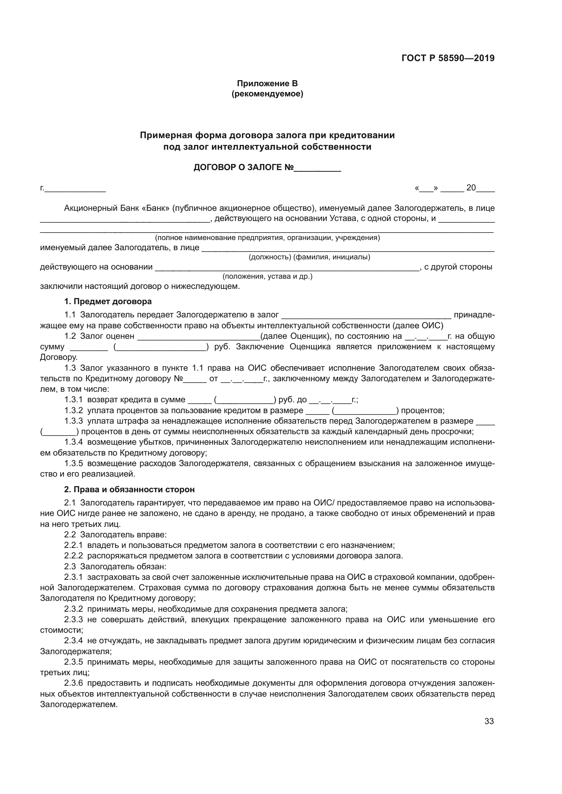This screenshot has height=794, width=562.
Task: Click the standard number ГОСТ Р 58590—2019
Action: pyautogui.click(x=448, y=58)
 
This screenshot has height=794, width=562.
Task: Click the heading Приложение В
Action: pyautogui.click(x=267, y=84)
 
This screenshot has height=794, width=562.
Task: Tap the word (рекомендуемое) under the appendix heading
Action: pyautogui.click(x=267, y=94)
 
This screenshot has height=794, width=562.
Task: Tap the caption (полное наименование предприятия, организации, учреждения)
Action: pyautogui.click(x=267, y=238)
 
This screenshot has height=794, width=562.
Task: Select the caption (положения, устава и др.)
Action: pyautogui.click(x=267, y=277)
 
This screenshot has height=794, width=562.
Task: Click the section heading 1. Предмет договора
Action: pyautogui.click(x=108, y=301)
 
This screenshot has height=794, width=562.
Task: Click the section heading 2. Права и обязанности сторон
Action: pyautogui.click(x=129, y=490)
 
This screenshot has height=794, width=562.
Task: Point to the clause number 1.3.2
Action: pyautogui.click(x=73, y=410)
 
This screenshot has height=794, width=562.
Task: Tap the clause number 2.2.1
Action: pyautogui.click(x=73, y=546)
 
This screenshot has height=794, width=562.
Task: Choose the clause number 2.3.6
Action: pyautogui.click(x=73, y=683)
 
